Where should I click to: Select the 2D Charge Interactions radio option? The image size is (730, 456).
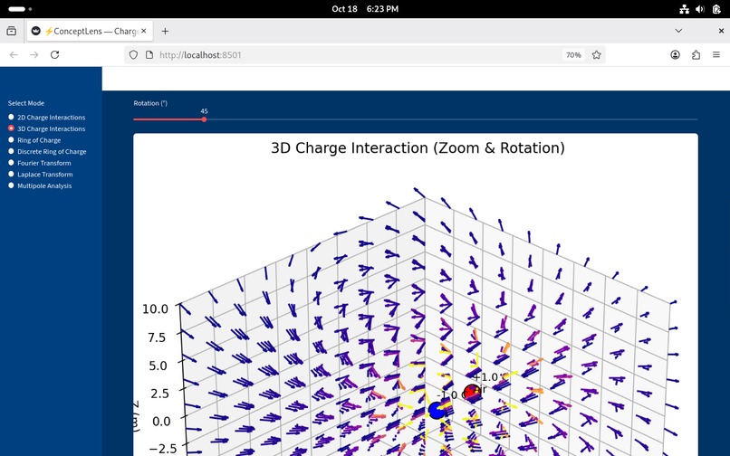12,118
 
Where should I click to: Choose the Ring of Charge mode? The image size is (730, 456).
12,140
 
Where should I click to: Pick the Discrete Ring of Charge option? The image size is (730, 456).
12,152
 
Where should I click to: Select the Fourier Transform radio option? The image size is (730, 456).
12,163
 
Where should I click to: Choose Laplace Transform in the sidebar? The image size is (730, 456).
12,175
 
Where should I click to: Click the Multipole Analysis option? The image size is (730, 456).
12,185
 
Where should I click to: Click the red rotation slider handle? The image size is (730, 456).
205,119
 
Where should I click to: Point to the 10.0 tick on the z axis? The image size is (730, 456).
155,309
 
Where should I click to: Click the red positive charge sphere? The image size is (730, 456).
471,392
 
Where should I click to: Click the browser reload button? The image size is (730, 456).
54,55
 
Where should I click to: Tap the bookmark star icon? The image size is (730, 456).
597,55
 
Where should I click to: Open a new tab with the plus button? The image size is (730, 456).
165,31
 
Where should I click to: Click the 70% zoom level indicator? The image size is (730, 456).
573,55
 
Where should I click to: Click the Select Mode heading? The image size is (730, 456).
26,103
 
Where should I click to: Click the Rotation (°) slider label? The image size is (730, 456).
150,103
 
